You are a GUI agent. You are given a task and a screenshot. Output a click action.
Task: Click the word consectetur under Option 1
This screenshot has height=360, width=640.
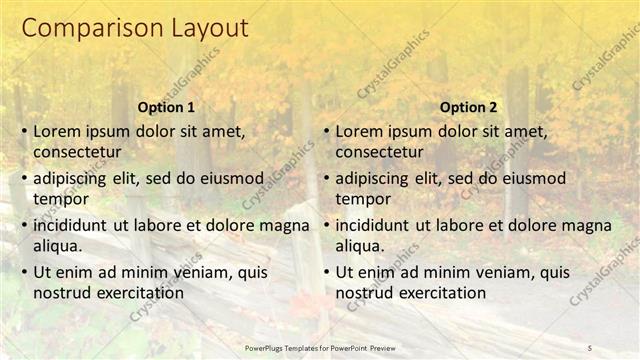(77, 153)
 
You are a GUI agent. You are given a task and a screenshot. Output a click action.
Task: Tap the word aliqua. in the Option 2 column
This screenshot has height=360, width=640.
(360, 246)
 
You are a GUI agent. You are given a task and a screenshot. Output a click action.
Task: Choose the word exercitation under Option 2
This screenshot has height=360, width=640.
(440, 293)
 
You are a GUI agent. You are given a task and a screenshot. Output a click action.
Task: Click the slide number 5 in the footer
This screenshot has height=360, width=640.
(590, 347)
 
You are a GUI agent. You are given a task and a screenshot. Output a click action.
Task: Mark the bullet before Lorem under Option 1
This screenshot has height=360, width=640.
(24, 131)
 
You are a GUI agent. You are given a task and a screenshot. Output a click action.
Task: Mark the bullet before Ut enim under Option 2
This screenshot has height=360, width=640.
(326, 272)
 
